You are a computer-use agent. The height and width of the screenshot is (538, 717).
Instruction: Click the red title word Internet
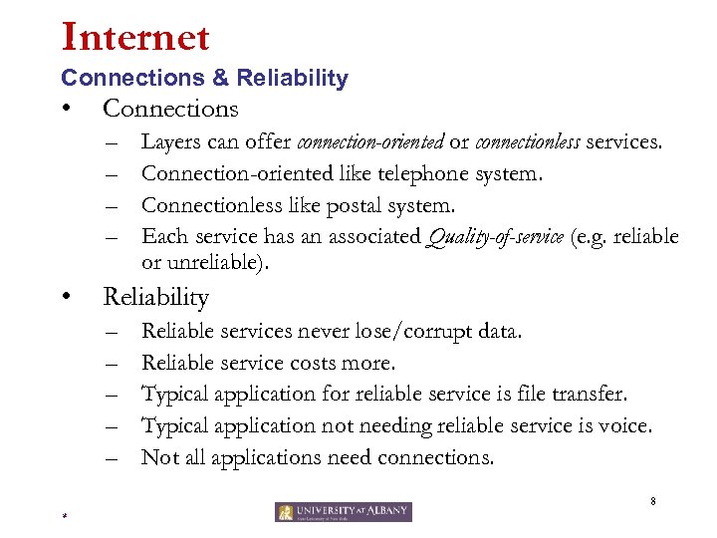click(135, 38)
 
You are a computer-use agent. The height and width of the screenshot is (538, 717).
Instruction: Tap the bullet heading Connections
click(170, 108)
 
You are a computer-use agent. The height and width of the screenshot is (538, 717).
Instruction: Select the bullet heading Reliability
click(155, 297)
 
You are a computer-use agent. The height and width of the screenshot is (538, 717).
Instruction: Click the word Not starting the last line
click(159, 457)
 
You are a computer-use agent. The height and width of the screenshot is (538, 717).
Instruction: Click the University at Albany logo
click(344, 512)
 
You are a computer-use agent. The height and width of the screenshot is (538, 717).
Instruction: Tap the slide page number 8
click(652, 501)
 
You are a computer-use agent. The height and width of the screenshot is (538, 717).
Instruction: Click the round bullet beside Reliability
click(64, 297)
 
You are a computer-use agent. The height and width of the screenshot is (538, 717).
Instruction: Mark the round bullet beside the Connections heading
click(64, 108)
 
